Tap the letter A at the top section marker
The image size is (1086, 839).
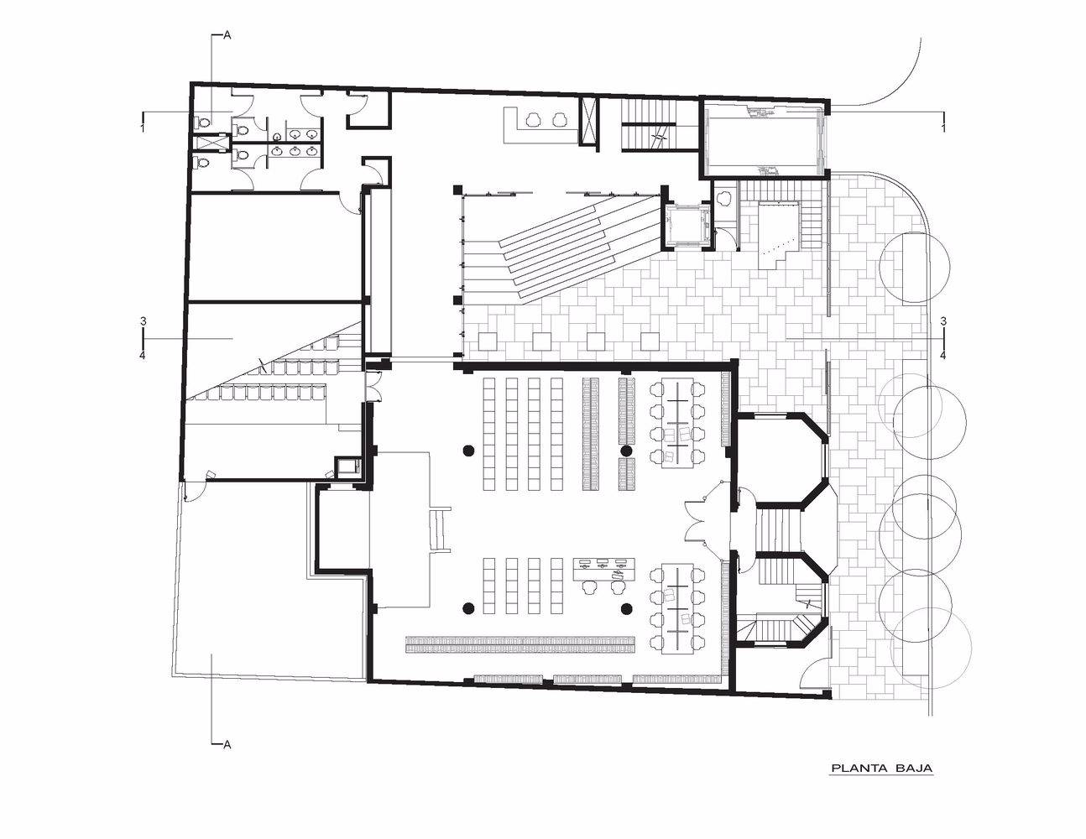227,36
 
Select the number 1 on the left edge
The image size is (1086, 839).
143,128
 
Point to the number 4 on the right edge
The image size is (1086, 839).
943,356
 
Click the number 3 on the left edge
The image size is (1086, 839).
144,321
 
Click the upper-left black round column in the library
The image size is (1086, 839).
468,451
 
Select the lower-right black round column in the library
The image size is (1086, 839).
626,607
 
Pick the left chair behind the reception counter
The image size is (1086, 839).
533,119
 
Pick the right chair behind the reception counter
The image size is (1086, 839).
560,119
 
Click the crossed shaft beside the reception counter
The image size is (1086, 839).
589,122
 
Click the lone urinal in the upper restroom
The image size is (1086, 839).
278,135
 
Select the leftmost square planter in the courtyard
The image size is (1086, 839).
488,341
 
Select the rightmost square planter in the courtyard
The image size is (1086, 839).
650,341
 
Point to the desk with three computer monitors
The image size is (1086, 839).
603,569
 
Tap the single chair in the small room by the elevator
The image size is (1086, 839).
723,198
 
